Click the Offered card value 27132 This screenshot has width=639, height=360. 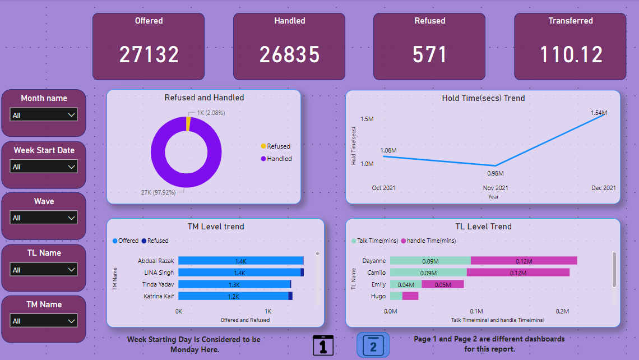149,55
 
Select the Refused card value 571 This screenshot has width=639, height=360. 429,55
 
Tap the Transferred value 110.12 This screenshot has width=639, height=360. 571,55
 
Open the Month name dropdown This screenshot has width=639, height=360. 44,115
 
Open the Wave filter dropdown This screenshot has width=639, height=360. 44,218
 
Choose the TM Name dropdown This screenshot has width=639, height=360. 44,321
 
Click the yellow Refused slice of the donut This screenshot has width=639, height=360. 188,123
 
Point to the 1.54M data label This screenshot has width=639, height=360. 599,113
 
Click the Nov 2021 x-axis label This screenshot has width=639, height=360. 496,188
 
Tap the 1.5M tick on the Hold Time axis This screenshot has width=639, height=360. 367,119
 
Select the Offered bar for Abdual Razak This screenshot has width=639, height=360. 240,261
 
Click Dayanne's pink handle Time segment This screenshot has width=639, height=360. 524,261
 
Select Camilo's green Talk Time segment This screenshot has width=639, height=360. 428,273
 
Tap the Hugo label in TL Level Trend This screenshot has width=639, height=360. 378,296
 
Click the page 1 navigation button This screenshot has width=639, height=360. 323,345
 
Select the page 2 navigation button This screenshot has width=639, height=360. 373,345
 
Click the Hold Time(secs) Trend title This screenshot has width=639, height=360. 483,98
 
